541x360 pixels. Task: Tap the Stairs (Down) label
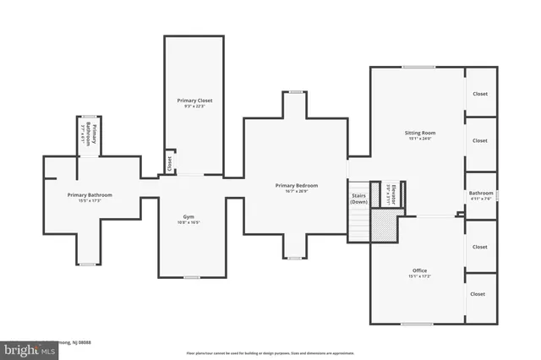[x=359, y=199]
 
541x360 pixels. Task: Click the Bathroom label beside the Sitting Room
[x=480, y=194]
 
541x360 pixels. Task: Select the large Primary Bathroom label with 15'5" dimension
[x=90, y=194]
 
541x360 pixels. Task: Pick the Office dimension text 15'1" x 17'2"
[x=418, y=276]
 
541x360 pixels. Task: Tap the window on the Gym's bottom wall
[x=192, y=277]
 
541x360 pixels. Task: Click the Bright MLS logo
[x=25, y=347]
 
